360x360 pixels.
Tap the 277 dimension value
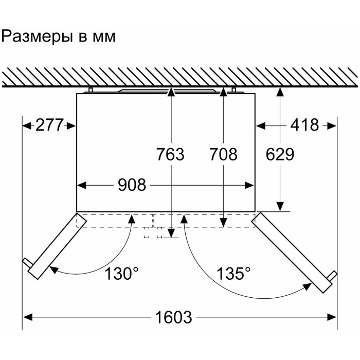click(x=49, y=125)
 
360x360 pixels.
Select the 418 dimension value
click(x=304, y=125)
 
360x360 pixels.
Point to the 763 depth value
click(x=170, y=154)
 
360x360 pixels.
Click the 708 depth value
click(x=223, y=154)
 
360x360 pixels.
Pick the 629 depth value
click(x=280, y=154)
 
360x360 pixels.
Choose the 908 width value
click(x=132, y=185)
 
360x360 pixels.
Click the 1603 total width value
click(x=173, y=317)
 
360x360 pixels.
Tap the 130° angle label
click(x=121, y=274)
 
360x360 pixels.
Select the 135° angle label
click(x=233, y=274)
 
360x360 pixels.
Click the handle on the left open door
click(x=27, y=262)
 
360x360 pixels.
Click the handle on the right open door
click(x=332, y=276)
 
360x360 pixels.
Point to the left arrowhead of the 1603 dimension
click(x=28, y=317)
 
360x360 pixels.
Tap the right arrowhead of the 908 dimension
click(x=249, y=185)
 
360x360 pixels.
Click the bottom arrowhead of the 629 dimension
click(x=280, y=206)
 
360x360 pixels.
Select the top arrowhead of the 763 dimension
click(x=170, y=92)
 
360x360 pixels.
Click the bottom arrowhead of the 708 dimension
click(x=223, y=222)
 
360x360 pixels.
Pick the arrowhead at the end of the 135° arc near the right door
click(x=307, y=286)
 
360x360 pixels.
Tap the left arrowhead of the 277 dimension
click(x=27, y=126)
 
